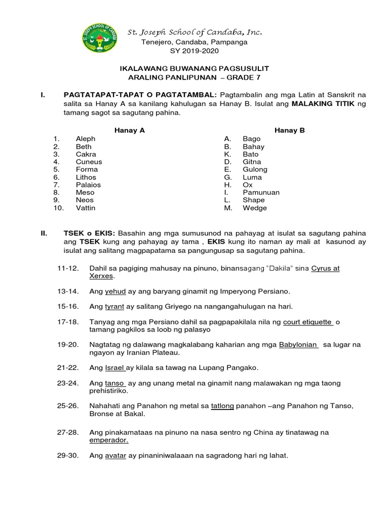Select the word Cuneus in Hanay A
(89, 162)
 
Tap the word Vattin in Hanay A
(85, 208)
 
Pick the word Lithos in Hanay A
(87, 177)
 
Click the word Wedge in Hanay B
(254, 208)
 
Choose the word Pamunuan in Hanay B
(261, 193)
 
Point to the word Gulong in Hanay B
(255, 169)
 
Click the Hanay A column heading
(130, 130)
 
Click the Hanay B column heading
(289, 130)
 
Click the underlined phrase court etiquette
(308, 322)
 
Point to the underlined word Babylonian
(298, 345)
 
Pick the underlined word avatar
(114, 456)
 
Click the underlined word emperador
(108, 440)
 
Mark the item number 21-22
(67, 367)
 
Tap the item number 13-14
(67, 291)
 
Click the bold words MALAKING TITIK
(323, 103)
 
